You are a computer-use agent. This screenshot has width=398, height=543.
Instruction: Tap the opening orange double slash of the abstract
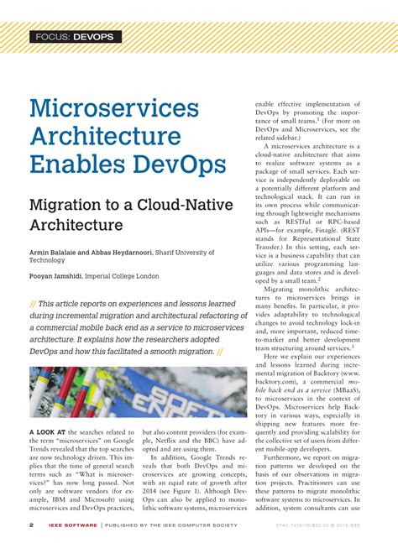(x=33, y=304)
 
